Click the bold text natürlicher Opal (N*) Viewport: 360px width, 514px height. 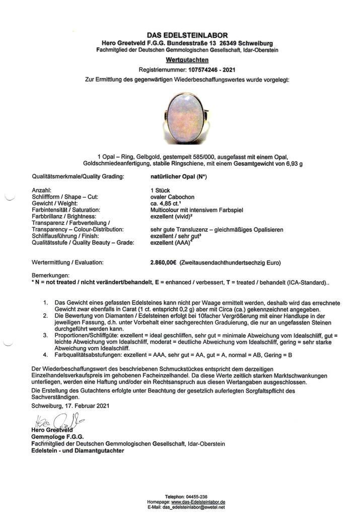point(179,177)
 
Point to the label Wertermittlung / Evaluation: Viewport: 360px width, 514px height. point(67,263)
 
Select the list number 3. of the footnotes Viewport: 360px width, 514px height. point(46,335)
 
